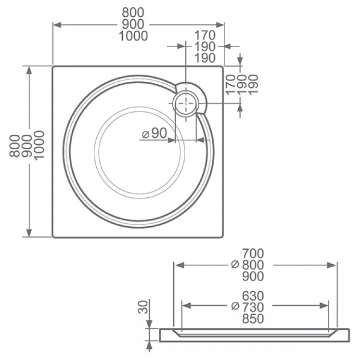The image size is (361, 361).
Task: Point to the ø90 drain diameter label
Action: [x=155, y=133]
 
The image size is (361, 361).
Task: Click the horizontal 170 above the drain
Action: [x=205, y=35]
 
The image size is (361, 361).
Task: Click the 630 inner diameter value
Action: [x=253, y=295]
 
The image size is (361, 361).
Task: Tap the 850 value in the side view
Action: [x=253, y=318]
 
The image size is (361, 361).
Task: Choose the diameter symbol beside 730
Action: [x=235, y=307]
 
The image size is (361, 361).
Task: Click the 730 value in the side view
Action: [x=253, y=307]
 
